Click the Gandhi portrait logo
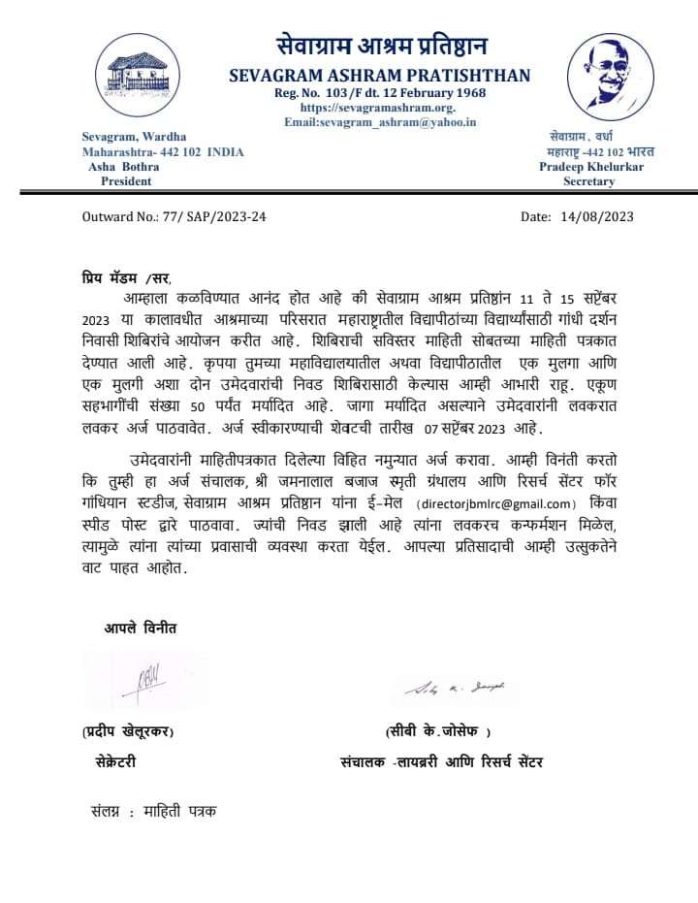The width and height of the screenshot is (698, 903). (x=611, y=78)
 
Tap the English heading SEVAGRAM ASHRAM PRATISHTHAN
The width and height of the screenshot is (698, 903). (x=380, y=76)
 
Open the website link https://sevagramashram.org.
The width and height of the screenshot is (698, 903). (x=378, y=108)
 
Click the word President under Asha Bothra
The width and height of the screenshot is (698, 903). (x=126, y=181)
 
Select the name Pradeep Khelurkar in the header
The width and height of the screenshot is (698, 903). (x=590, y=167)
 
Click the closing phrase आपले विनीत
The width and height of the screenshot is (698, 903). (x=141, y=629)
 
